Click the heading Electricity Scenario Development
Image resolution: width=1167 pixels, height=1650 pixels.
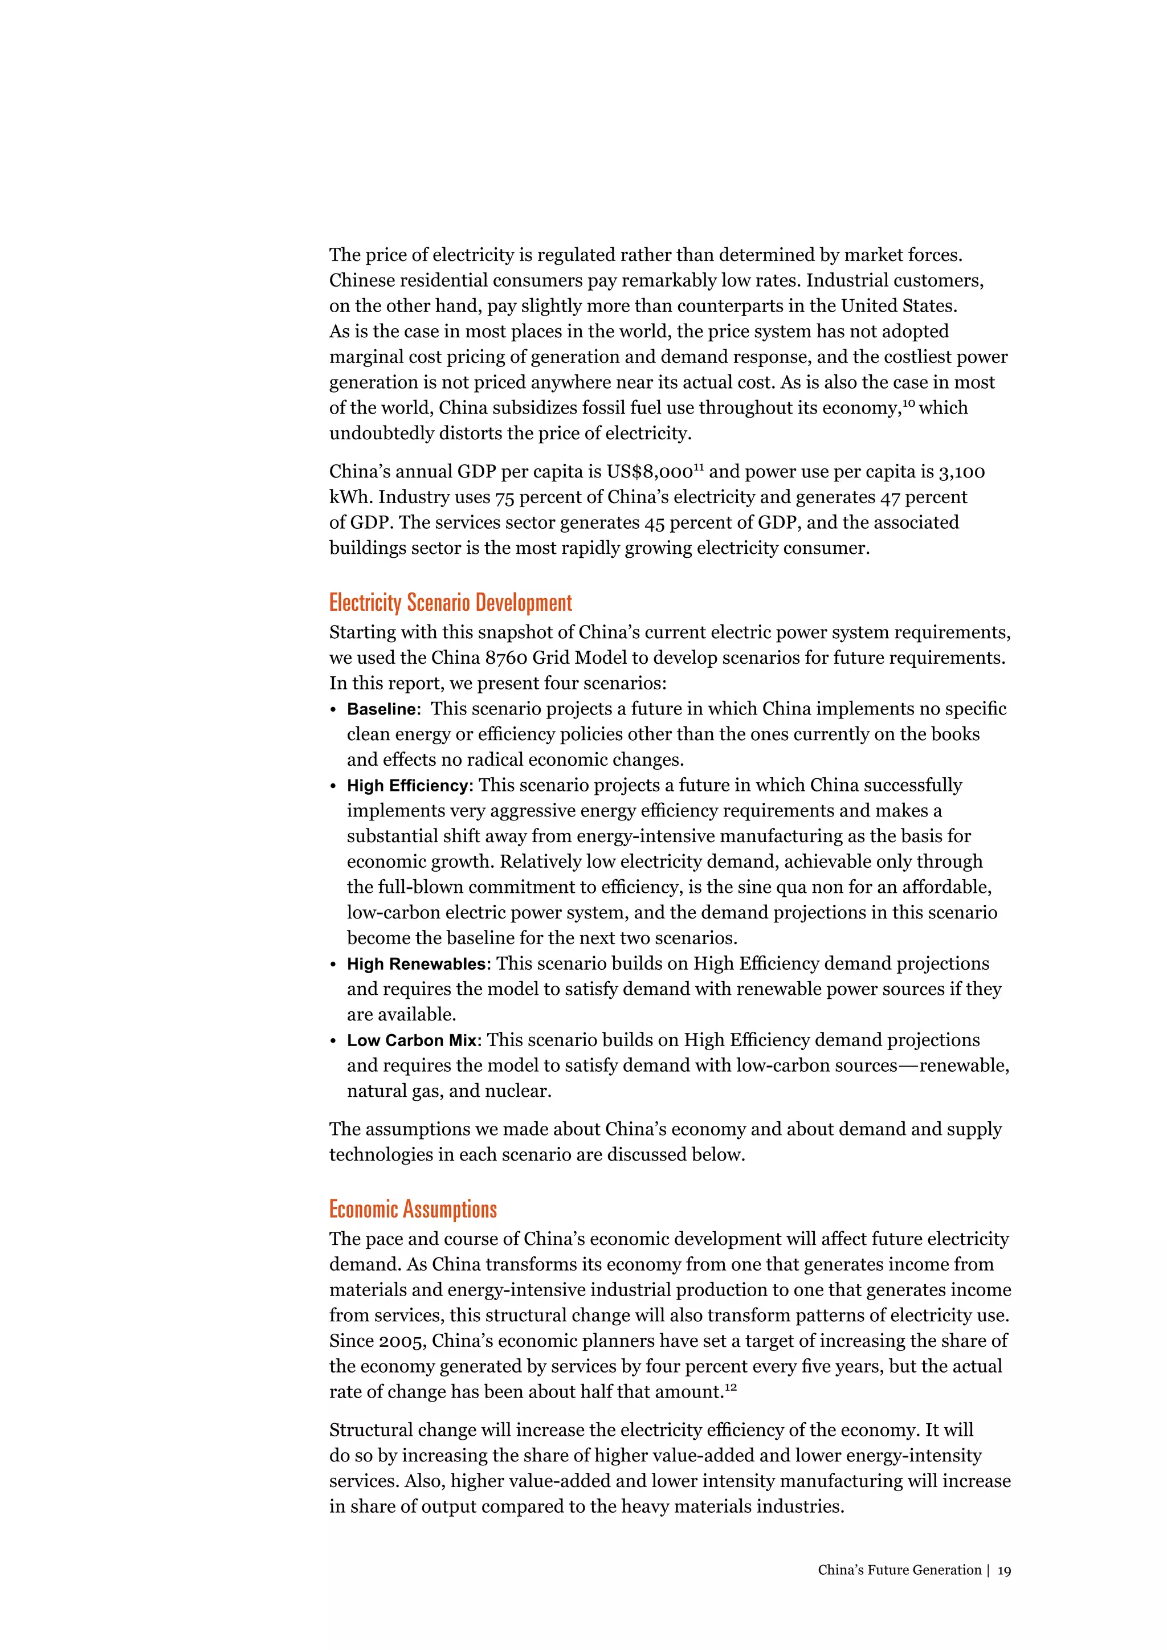click(451, 602)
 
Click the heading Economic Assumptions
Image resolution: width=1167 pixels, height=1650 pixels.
click(413, 1209)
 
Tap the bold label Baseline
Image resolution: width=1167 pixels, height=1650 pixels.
click(382, 709)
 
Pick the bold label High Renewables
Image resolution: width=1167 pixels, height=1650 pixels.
click(417, 963)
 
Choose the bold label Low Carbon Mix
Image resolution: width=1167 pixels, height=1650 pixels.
click(412, 1040)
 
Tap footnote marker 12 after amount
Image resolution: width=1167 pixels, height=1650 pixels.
click(731, 1387)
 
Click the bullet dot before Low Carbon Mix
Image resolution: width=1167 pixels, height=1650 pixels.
click(333, 1042)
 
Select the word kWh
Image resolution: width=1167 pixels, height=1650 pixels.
click(350, 497)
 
